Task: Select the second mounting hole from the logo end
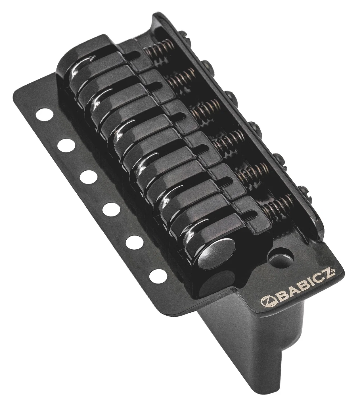(135, 242)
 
